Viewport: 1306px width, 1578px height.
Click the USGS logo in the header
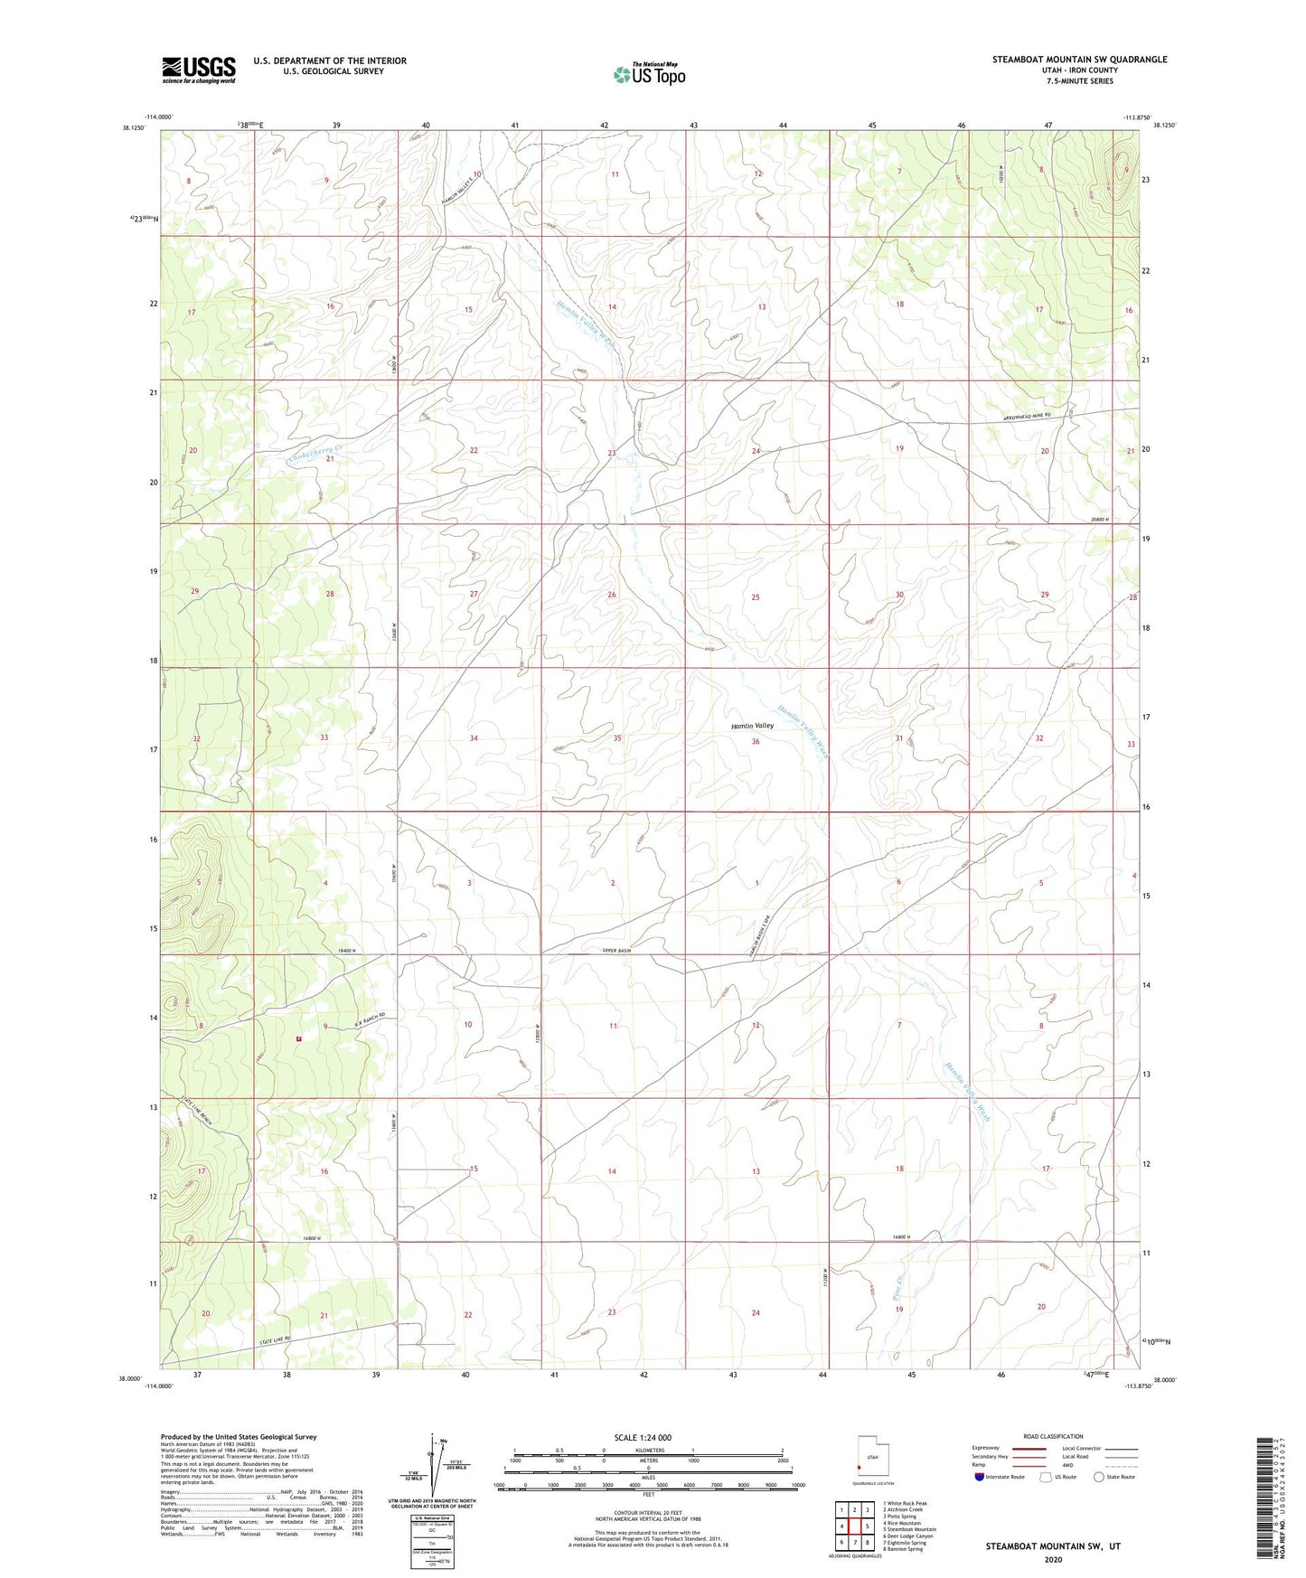[199, 70]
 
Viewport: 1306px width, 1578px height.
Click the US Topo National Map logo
[648, 74]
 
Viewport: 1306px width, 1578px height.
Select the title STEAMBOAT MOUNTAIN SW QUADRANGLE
[1079, 60]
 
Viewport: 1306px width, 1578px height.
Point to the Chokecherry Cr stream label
[316, 449]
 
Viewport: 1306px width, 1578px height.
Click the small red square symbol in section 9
[298, 1038]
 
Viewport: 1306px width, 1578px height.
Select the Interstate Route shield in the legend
[980, 1477]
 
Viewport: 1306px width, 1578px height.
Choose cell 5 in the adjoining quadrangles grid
[867, 1526]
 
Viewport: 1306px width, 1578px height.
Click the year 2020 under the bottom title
[1052, 1559]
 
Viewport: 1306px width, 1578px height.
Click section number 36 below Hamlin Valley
[756, 742]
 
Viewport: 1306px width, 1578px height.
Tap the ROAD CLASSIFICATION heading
[1052, 1436]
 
